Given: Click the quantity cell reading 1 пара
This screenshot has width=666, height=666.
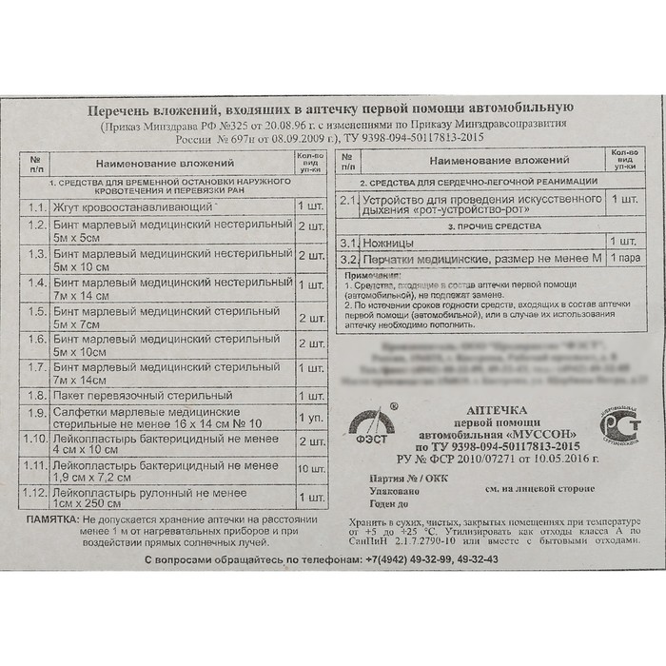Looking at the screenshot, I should click(x=625, y=259).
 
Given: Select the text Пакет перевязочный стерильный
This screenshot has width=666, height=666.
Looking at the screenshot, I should click(x=143, y=394).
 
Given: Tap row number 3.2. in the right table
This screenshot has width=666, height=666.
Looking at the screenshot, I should click(x=348, y=259).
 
